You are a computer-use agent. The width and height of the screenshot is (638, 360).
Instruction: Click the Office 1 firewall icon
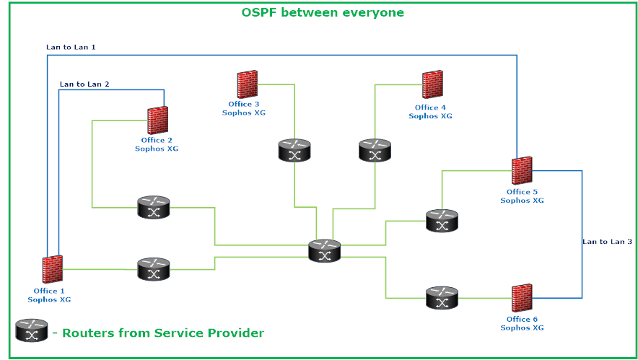52,269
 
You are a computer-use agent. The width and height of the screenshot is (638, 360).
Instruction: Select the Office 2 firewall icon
158,120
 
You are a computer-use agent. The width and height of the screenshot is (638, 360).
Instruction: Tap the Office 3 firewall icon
247,85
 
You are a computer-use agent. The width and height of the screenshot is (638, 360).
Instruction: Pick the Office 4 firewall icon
433,84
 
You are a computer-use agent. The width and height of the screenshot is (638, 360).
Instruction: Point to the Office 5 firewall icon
522,172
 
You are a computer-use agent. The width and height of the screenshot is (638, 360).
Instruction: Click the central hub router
324,251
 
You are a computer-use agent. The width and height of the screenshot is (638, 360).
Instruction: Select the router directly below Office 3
294,151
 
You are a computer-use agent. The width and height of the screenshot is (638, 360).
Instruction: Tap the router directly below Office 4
375,151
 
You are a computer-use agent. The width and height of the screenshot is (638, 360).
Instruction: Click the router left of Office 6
442,297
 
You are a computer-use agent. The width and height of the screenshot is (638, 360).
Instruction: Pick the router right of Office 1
153,270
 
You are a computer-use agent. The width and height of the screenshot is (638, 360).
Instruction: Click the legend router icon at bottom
32,331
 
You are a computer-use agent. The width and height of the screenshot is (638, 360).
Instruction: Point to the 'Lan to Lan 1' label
71,47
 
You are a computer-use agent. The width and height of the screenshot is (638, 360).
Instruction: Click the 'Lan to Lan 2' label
84,84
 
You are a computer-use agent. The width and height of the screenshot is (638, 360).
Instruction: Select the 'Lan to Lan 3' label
607,242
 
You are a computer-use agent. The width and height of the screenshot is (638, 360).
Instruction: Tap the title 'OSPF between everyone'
322,12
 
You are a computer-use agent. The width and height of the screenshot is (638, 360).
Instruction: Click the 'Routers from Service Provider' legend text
162,333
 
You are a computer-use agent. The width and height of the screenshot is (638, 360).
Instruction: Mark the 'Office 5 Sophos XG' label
522,196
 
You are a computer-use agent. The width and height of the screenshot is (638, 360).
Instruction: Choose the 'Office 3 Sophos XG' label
244,109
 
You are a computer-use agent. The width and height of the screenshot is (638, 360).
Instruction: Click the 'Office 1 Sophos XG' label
49,295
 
